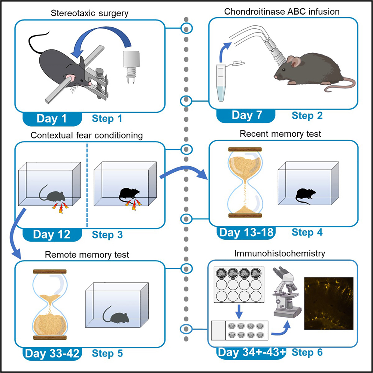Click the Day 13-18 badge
[x=246, y=232]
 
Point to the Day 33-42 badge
[x=52, y=353]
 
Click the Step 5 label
[x=107, y=353]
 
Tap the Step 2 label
[x=307, y=115]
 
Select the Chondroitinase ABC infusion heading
[x=282, y=11]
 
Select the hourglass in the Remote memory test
[x=50, y=304]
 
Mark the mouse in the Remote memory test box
[x=116, y=314]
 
